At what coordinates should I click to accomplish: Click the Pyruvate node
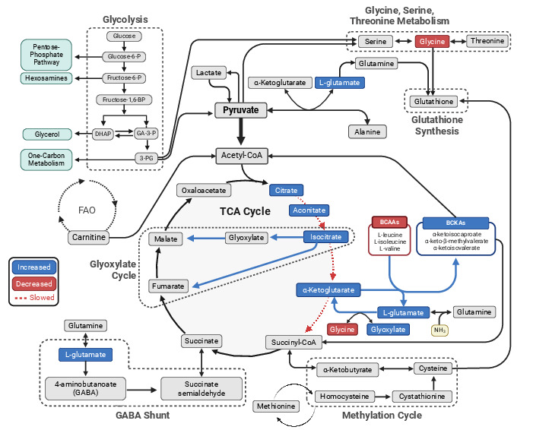pos(240,110)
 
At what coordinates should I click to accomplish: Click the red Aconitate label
pos(309,209)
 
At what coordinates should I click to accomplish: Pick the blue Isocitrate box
pos(325,237)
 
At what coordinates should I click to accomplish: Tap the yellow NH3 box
pos(440,330)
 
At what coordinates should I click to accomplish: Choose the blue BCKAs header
pos(455,223)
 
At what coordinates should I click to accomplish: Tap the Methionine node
pos(275,406)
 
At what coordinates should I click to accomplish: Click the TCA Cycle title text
pos(245,211)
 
